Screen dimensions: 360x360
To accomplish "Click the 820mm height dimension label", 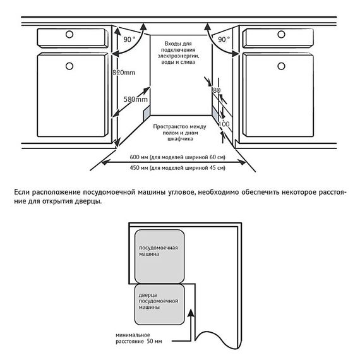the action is (x=124, y=73).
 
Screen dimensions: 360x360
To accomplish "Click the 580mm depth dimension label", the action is (x=135, y=99).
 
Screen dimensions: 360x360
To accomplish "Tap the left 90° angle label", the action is (x=129, y=40).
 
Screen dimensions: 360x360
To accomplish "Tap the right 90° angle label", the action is (x=224, y=40).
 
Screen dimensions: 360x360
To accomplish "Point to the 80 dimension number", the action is (x=217, y=90).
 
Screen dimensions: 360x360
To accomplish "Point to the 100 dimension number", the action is (x=224, y=124).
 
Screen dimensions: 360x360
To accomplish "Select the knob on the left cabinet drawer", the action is (x=69, y=35).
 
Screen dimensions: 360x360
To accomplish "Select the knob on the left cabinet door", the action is (x=69, y=66).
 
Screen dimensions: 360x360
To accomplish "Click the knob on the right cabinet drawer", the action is (x=281, y=35).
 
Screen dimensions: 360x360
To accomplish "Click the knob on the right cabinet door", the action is (x=281, y=66).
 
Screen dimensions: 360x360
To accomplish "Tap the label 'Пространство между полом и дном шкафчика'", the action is (x=180, y=133).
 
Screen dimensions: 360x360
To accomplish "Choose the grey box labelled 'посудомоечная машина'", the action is (x=159, y=256).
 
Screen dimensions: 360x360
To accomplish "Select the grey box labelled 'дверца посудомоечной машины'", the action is (x=159, y=304).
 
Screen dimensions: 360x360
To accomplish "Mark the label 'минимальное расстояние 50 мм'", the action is (x=139, y=338).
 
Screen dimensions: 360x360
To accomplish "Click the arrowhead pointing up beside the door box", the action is (x=191, y=313).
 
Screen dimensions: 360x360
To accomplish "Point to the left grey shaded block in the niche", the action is (x=147, y=114).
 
